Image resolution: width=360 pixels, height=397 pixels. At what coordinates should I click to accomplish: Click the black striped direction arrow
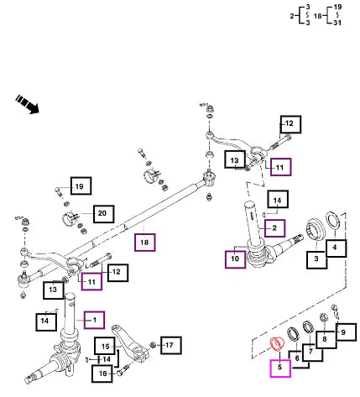[27, 104]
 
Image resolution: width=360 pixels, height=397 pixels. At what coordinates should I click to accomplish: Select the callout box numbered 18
[144, 243]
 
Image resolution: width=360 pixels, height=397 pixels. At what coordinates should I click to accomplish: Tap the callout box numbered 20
[103, 214]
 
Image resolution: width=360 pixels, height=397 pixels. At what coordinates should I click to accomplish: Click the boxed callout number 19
[81, 185]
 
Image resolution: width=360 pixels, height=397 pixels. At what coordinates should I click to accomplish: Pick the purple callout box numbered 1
[95, 320]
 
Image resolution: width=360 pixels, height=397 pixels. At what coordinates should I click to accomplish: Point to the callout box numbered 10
[235, 259]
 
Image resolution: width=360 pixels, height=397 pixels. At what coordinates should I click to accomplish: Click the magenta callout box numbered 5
[280, 368]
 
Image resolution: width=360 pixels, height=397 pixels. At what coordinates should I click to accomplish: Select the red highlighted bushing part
[277, 344]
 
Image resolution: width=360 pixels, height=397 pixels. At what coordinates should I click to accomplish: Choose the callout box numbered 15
[105, 347]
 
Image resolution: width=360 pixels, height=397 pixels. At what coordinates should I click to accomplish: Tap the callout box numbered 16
[102, 373]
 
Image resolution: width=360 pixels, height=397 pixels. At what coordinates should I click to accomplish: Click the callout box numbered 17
[171, 346]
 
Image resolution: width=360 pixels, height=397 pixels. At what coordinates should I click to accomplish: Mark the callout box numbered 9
[346, 332]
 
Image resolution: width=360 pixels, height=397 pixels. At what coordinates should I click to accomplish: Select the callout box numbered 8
[326, 340]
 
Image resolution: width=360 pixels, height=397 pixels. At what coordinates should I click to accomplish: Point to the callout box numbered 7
[312, 353]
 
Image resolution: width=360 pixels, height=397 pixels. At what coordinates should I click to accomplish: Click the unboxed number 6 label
[297, 358]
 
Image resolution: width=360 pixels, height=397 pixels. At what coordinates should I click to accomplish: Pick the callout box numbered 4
[337, 248]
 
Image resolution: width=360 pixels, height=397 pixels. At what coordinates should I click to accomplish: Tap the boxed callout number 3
[316, 260]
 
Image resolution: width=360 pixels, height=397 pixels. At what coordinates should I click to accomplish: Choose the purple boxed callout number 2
[275, 228]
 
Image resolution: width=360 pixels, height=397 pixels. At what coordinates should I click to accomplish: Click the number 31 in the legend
[337, 23]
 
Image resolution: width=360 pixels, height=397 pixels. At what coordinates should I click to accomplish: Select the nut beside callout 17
[153, 345]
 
